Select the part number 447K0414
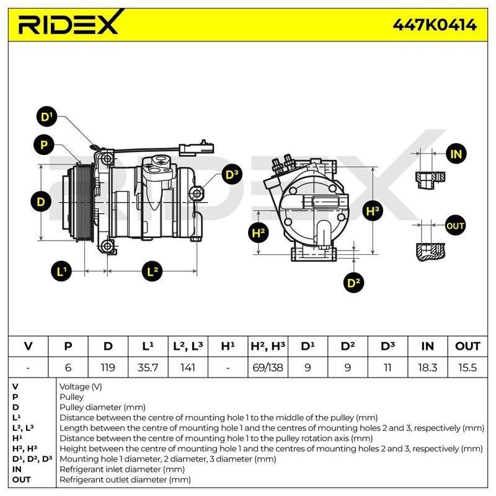tap(435, 24)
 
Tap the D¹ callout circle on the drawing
tap(47, 117)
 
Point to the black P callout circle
tap(44, 145)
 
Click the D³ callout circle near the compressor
tap(232, 175)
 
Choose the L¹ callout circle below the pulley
tap(61, 272)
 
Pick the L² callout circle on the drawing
tap(152, 272)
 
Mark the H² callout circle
tap(259, 233)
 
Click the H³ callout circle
tap(373, 211)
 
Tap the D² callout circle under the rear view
tap(353, 283)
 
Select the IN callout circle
tap(456, 154)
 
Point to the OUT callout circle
tap(456, 226)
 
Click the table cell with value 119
tap(108, 368)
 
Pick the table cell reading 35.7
tap(148, 368)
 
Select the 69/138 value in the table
tap(268, 368)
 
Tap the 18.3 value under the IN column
tap(427, 368)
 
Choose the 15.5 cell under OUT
tap(467, 368)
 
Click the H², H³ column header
tap(268, 347)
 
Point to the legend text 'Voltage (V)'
tap(81, 386)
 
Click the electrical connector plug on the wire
tap(197, 148)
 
